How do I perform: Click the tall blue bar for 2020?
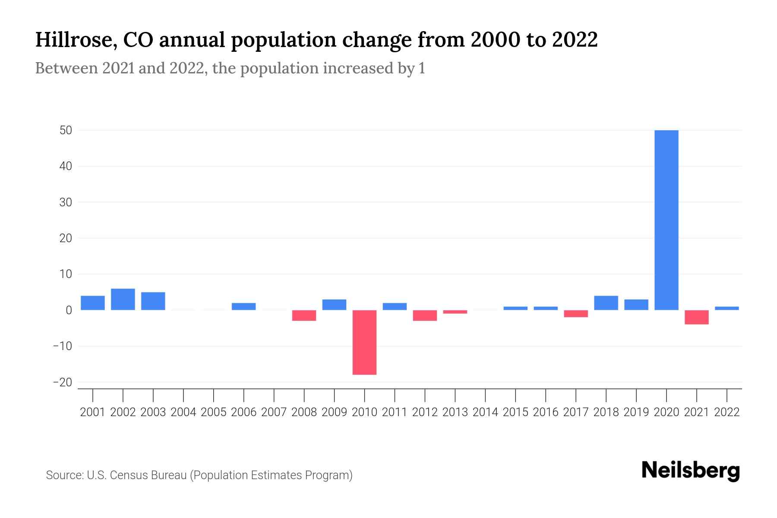point(666,220)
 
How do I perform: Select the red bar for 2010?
point(364,342)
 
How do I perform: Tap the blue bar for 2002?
point(123,299)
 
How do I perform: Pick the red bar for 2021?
point(696,317)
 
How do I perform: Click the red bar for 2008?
point(304,316)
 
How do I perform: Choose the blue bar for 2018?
point(606,303)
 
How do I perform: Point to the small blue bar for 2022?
point(726,308)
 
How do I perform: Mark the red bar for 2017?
point(575,314)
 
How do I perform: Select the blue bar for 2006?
point(243,306)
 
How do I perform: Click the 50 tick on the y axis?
point(66,130)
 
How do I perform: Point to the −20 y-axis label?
point(62,382)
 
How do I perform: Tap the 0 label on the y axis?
point(69,310)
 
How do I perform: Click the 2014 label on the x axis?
point(485,412)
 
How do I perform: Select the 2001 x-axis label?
point(93,412)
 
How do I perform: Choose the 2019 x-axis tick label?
point(636,412)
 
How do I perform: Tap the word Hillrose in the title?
point(73,40)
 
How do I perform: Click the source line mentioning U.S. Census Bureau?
point(199,475)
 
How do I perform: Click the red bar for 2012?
point(425,316)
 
